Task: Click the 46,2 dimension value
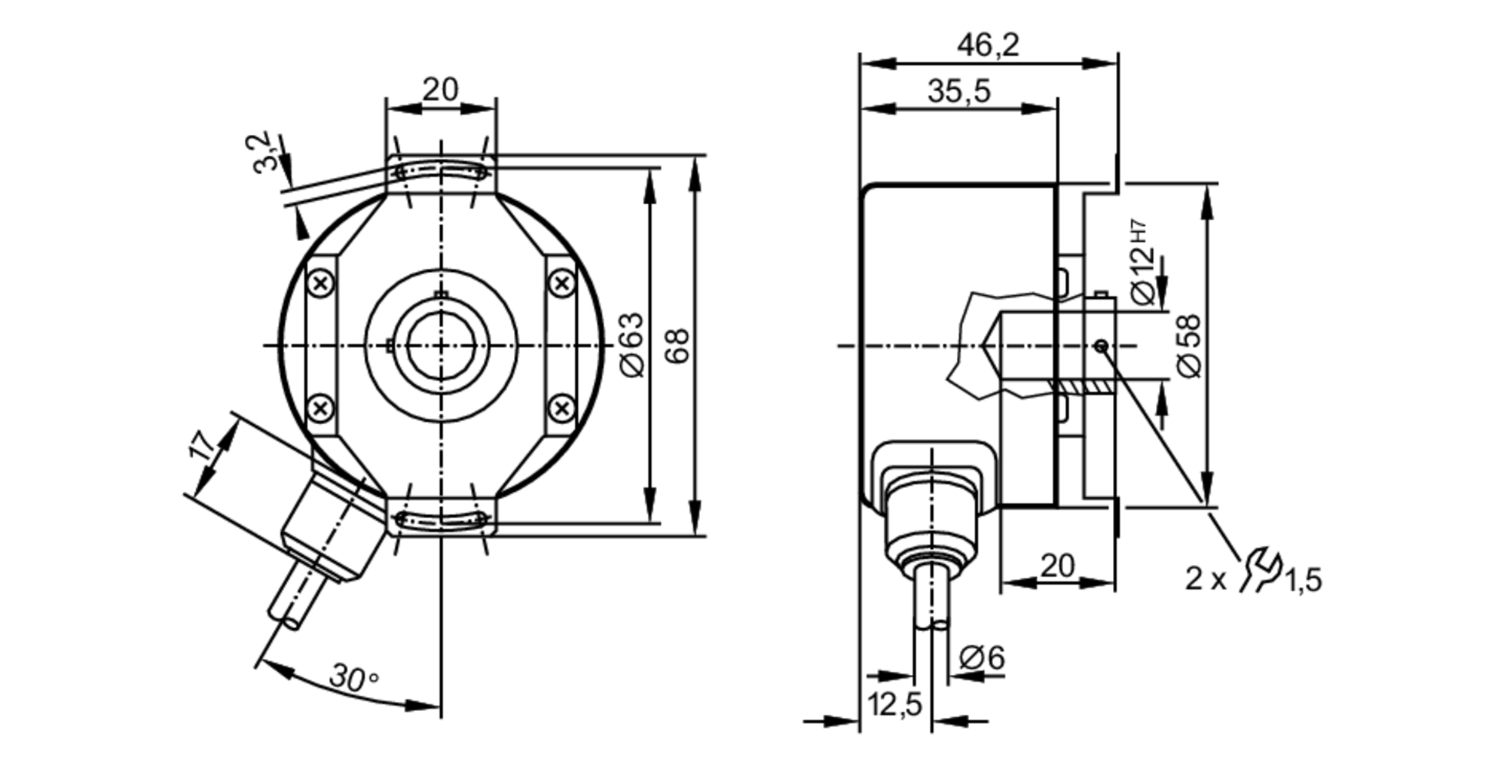point(988,46)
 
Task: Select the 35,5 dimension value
point(958,92)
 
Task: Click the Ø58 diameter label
point(1188,346)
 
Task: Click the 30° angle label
point(353,678)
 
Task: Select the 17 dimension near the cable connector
point(201,445)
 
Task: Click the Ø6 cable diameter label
point(982,658)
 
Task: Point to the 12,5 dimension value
point(894,704)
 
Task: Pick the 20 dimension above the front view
point(440,90)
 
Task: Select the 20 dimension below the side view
point(1057,565)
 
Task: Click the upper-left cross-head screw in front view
point(322,284)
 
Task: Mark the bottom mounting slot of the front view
point(441,518)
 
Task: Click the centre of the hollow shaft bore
point(441,346)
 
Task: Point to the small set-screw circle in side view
point(1101,346)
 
